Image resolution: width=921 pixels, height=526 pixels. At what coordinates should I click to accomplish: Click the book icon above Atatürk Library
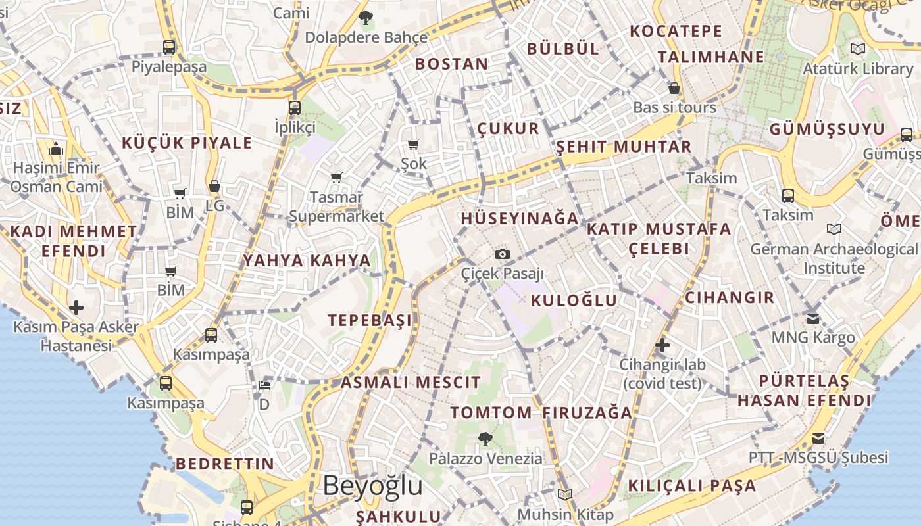coord(857,49)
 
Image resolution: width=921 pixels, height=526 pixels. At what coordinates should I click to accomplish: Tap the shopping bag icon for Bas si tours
coord(674,88)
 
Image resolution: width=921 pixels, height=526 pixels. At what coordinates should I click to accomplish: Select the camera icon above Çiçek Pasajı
coord(503,254)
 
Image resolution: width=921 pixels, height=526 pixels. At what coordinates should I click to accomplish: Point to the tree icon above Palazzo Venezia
coord(485,438)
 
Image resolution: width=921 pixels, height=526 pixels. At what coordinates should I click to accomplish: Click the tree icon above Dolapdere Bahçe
coord(366,18)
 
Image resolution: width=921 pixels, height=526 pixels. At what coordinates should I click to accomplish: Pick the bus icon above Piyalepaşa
coord(169,47)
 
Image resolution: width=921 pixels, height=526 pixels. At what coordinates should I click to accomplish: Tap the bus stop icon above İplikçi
coord(294,107)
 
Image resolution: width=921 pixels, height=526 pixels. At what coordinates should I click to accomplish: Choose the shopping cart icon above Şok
coord(414,144)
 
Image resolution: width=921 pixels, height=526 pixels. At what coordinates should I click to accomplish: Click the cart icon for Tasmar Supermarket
coord(336,178)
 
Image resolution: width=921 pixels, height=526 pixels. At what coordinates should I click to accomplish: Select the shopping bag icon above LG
coord(214,187)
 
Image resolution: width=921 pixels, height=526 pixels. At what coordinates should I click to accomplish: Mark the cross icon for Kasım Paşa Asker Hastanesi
coord(76,307)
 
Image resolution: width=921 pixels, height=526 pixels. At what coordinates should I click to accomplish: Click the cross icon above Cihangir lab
coord(662,345)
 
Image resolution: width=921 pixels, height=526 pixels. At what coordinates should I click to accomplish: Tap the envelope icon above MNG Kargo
coord(813,318)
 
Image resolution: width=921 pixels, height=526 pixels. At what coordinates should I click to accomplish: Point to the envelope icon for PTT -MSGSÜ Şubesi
coord(818,438)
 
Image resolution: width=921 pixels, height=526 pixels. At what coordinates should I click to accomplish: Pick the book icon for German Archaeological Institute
coord(834,229)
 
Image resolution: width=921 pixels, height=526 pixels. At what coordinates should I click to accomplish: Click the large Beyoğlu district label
coord(372,486)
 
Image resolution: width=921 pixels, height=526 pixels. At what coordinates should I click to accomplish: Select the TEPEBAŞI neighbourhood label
coord(370,320)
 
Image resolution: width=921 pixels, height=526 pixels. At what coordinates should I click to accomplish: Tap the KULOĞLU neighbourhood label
coord(574,300)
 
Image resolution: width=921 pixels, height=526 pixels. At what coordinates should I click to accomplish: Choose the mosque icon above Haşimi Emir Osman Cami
coord(56,149)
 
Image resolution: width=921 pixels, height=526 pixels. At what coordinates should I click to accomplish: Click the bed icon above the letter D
coord(264,385)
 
